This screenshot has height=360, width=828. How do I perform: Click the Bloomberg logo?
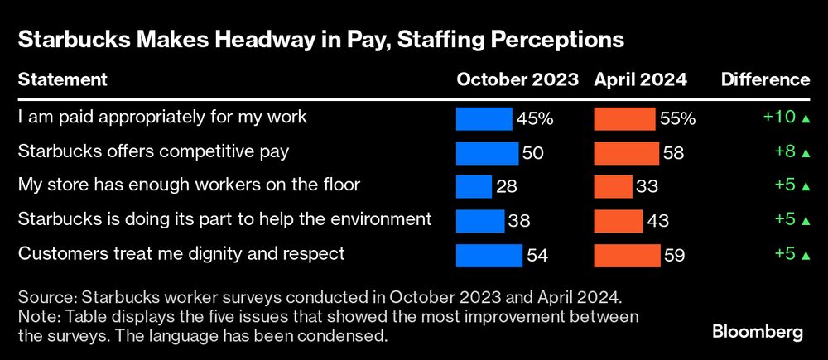[758, 332]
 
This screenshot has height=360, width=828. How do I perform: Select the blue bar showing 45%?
[484, 118]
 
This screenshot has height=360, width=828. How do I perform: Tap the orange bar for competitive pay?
[626, 152]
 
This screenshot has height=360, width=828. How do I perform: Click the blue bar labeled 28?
[474, 186]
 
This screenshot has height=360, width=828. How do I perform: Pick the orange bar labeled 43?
[618, 220]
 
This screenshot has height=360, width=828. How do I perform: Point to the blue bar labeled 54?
[489, 255]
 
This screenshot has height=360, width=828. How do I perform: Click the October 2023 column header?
[517, 80]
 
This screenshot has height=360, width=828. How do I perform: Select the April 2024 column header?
[640, 80]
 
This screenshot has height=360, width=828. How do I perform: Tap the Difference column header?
[765, 80]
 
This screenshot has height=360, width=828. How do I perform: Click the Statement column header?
[62, 80]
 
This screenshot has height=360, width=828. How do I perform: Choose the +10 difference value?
[778, 118]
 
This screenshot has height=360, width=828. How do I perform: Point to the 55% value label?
[677, 118]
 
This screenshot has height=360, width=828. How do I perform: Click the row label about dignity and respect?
[181, 253]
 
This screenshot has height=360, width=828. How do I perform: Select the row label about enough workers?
[189, 185]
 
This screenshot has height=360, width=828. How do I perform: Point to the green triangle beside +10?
[805, 118]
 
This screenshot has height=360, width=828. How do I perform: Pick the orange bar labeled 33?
[613, 186]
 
